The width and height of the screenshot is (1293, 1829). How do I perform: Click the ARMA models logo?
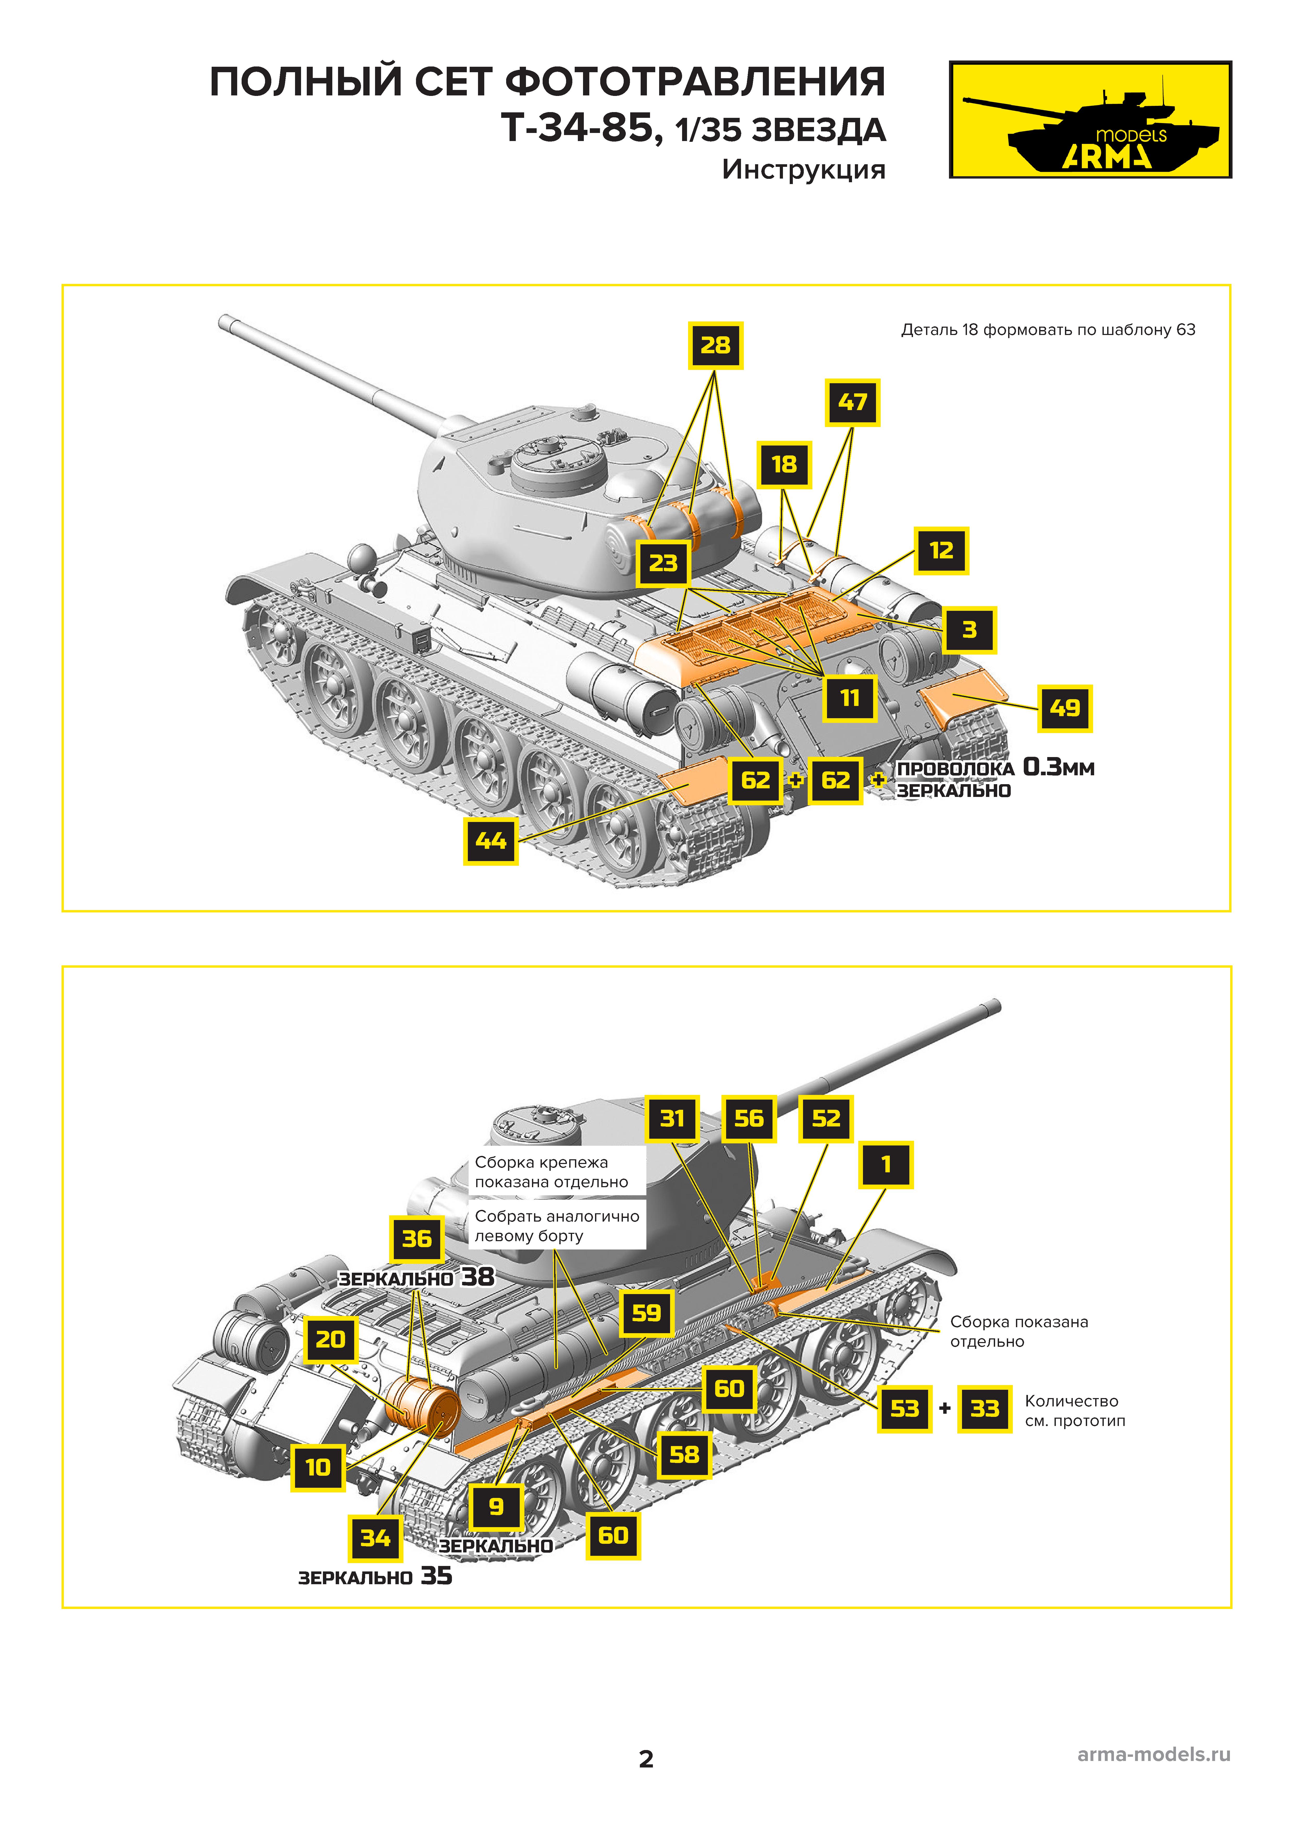pos(1090,119)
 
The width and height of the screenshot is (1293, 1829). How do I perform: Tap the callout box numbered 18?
pos(784,465)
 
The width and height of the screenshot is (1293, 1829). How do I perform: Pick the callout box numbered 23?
pos(663,563)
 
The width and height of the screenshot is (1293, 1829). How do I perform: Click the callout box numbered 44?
pos(491,840)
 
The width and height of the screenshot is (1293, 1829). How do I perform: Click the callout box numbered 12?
pos(941,551)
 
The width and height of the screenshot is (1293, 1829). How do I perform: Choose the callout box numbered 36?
pos(417,1239)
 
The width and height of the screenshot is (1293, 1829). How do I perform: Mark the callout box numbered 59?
pos(646,1313)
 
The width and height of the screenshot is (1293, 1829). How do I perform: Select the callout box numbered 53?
pos(904,1409)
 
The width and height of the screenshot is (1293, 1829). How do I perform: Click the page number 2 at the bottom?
pos(646,1759)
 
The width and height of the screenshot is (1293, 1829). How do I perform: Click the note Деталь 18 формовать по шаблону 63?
pos(1048,330)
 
